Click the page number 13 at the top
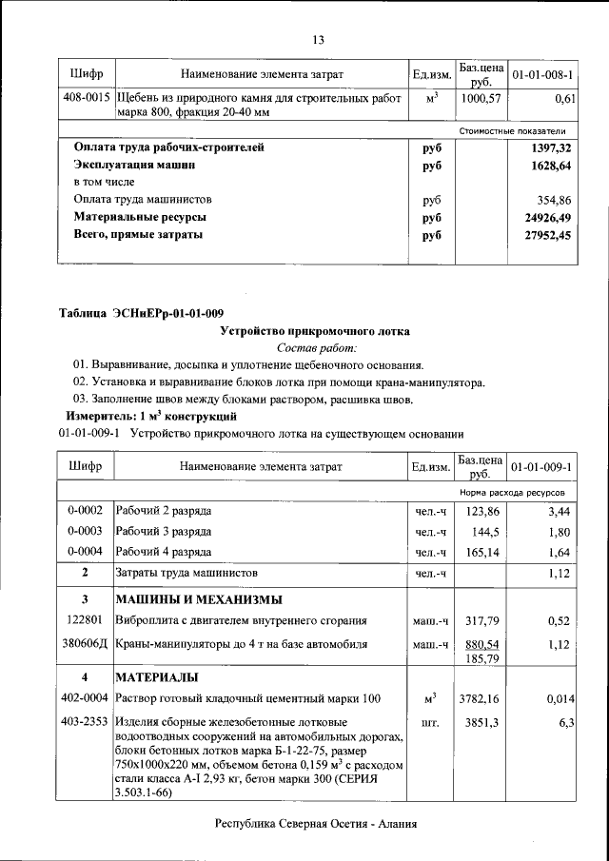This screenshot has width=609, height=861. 318,39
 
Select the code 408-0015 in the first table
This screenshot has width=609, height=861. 86,98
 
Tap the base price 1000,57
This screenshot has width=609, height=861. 481,98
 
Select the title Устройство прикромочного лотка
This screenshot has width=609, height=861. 315,331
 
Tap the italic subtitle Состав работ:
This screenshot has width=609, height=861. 316,348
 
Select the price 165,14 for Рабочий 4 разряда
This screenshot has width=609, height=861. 481,552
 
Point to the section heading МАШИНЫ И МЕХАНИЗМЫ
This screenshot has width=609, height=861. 200,599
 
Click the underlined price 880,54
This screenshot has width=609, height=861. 481,644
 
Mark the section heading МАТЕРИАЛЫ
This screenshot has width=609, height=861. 157,677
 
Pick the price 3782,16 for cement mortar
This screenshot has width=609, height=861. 481,699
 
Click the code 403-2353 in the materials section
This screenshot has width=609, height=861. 86,722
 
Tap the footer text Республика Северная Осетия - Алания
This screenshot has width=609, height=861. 316,825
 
